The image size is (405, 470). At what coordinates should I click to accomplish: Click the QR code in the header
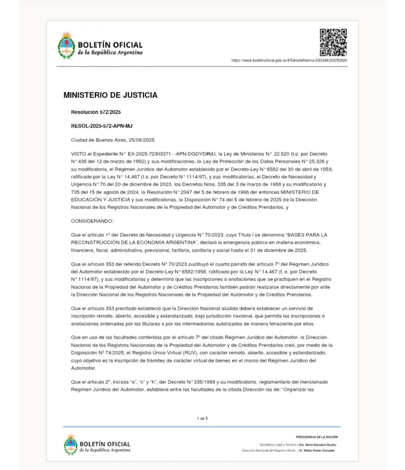[x=333, y=42]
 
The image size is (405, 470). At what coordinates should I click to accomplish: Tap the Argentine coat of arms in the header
[x=67, y=46]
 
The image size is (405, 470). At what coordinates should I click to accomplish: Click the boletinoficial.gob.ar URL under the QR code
[x=289, y=61]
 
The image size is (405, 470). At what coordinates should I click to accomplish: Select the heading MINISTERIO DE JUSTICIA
[x=111, y=95]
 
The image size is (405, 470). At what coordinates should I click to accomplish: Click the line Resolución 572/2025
[x=96, y=112]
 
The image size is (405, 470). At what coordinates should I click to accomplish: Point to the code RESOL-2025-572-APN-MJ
[x=102, y=126]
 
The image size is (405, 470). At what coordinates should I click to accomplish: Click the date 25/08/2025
[x=142, y=140]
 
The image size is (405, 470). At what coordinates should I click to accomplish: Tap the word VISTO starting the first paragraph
[x=79, y=153]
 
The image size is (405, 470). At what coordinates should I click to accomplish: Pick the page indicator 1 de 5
[x=202, y=419]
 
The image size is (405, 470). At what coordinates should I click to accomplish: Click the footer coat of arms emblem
[x=71, y=445]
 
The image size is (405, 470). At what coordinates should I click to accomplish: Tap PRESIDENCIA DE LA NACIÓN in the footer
[x=317, y=437]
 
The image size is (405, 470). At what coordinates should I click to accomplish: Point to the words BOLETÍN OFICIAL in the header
[x=110, y=45]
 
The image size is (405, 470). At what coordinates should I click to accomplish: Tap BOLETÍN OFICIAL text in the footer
[x=105, y=444]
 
